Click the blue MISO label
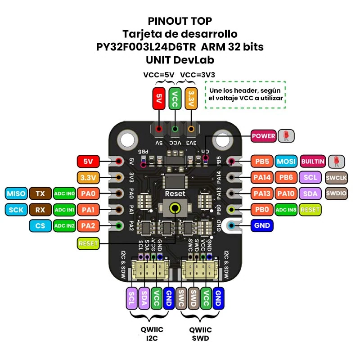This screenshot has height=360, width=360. click(x=16, y=194)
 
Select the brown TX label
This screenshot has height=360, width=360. click(x=40, y=194)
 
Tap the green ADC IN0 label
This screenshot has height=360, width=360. click(x=64, y=194)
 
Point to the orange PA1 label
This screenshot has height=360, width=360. click(x=88, y=210)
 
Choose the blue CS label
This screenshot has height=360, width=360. click(x=40, y=225)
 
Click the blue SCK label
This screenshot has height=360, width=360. click(x=16, y=210)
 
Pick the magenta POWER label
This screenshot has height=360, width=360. click(x=263, y=135)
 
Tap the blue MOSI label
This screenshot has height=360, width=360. click(x=286, y=161)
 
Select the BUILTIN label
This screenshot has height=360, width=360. click(x=313, y=161)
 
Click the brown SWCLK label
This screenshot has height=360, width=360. click(x=337, y=178)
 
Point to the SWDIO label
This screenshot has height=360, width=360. click(x=337, y=193)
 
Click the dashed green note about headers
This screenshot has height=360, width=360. click(x=246, y=94)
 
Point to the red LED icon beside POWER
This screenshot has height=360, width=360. click(x=286, y=135)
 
